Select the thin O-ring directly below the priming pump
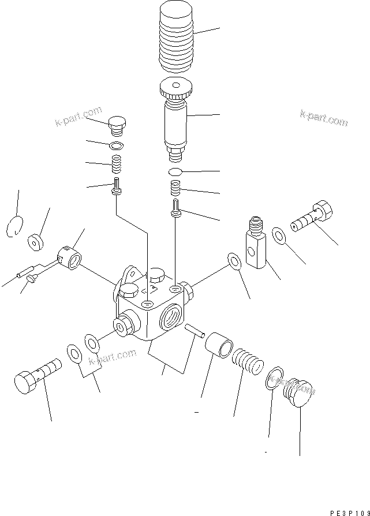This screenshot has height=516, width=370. click(x=176, y=172)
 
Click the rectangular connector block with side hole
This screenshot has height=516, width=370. click(x=257, y=246)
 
